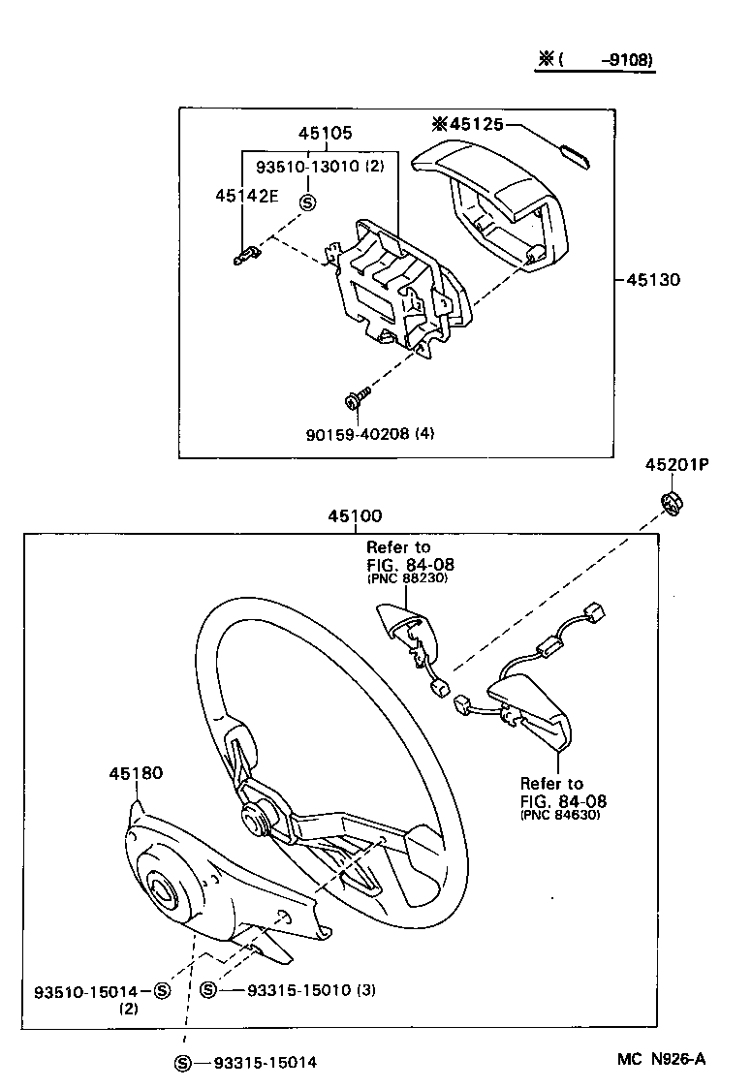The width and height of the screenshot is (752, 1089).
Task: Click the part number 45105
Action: click(x=326, y=134)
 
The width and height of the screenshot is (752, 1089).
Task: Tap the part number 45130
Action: click(x=653, y=280)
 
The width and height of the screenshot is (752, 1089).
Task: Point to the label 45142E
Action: click(x=246, y=195)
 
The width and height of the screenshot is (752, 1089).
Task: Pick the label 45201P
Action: click(x=677, y=465)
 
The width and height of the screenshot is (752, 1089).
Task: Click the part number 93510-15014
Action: click(x=88, y=990)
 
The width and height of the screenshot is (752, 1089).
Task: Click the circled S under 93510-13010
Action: click(x=308, y=202)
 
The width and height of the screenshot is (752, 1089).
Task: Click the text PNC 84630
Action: click(x=559, y=815)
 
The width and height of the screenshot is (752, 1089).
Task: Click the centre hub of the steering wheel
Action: click(x=258, y=817)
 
